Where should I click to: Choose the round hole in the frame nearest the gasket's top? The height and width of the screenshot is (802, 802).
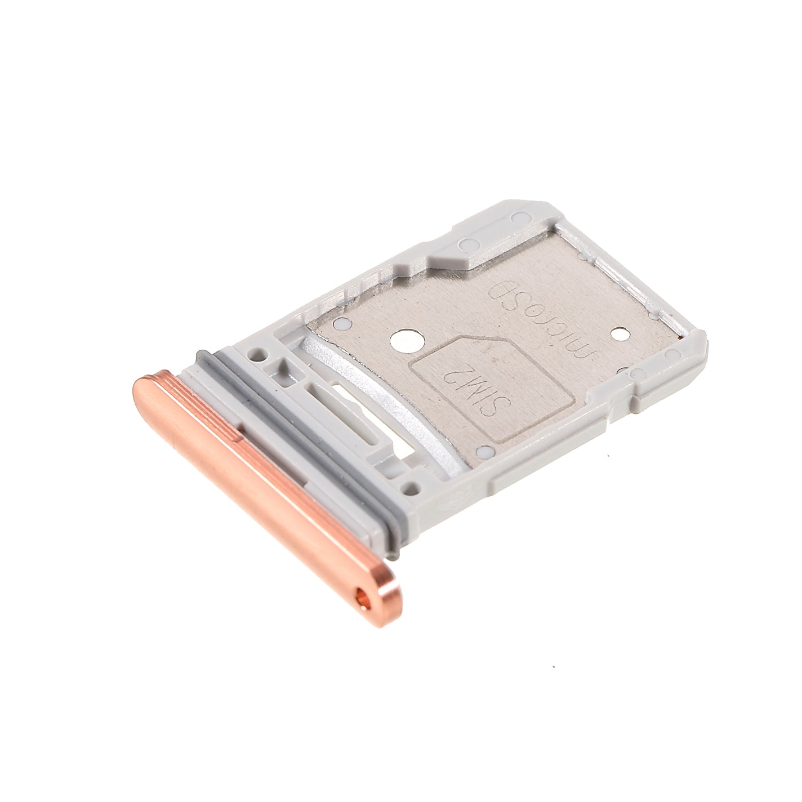(x=259, y=354)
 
